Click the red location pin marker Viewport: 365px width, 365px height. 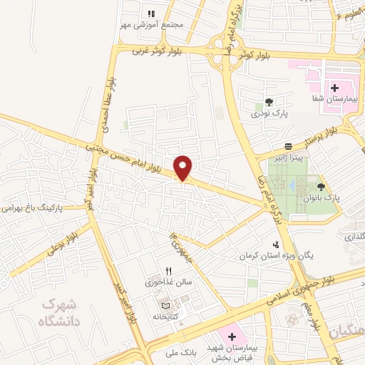click(x=184, y=168)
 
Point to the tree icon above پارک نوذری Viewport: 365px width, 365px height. click(x=269, y=103)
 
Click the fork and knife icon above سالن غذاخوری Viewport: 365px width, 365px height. click(x=169, y=271)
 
